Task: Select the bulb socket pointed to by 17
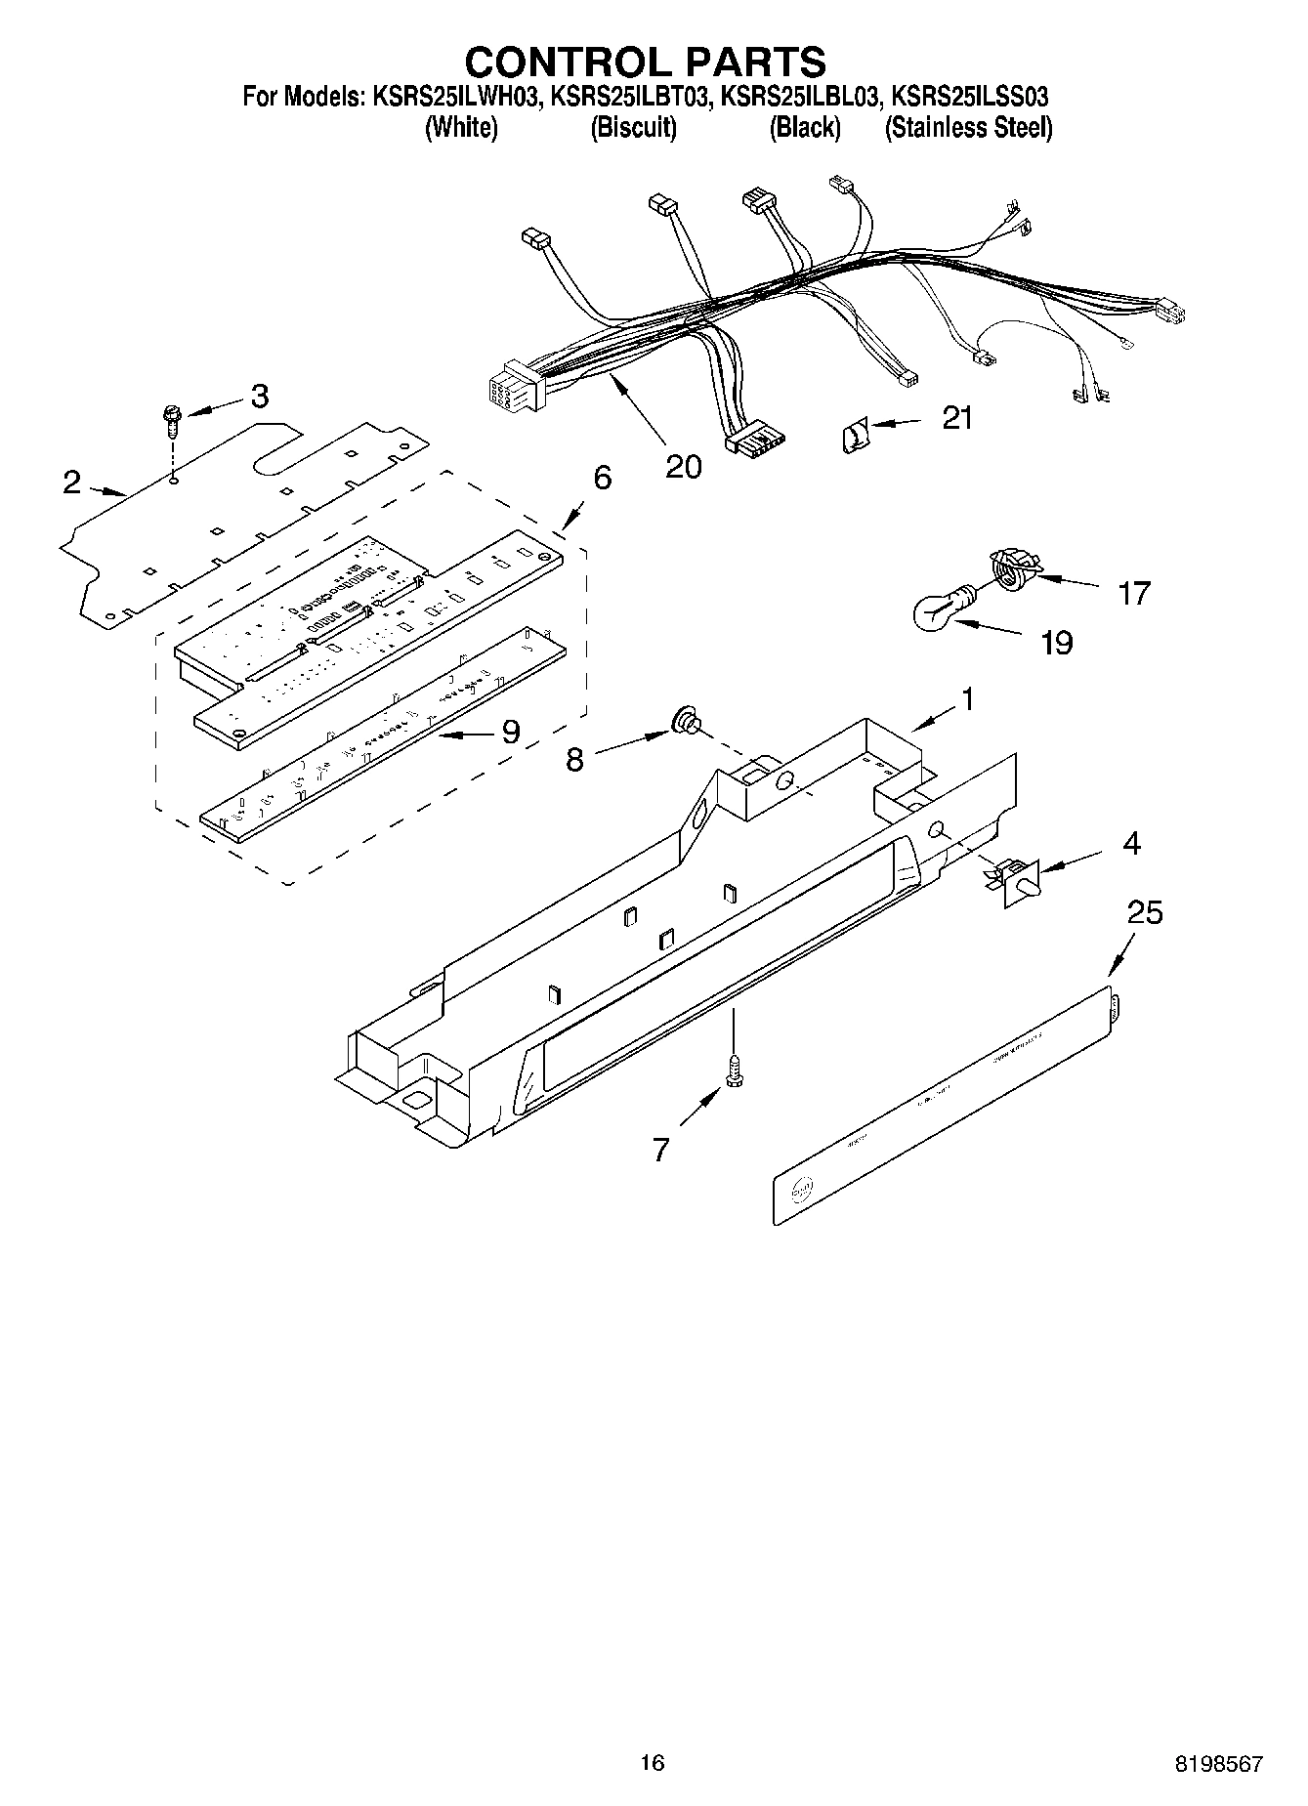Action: [1012, 567]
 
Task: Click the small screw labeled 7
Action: [732, 1071]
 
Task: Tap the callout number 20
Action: [683, 467]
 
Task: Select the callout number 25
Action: [1145, 912]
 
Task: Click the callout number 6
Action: [602, 479]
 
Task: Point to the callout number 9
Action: [510, 732]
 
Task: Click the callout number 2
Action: [71, 482]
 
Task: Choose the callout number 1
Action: [966, 699]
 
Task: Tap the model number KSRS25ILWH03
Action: [455, 97]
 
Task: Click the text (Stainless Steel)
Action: [968, 128]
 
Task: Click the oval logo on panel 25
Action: [801, 1190]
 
